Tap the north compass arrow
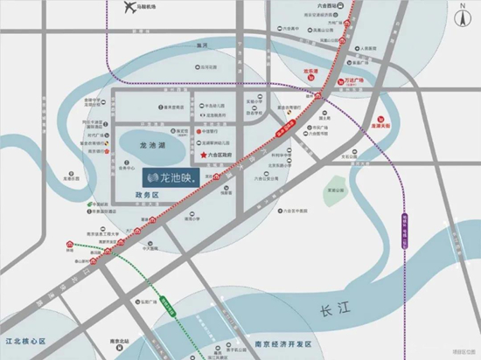[463, 12]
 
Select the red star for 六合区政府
[205, 156]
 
